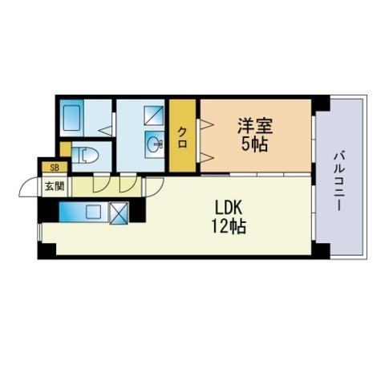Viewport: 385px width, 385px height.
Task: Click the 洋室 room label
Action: coord(255,126)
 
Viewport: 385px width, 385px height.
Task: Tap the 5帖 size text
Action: coord(254,144)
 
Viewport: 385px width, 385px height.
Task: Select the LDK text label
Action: coord(229,208)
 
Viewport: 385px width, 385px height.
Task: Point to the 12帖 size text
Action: coord(229,227)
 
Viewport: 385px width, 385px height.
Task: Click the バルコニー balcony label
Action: coord(338,181)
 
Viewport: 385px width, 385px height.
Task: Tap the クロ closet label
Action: coord(182,137)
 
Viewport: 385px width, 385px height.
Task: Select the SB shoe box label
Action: coord(55,168)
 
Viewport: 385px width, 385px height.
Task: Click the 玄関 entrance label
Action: coord(55,186)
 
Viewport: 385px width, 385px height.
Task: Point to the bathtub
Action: coord(71,118)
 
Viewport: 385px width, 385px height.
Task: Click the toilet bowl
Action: coord(86,156)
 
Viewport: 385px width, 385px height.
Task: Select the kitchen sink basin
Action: coord(93,212)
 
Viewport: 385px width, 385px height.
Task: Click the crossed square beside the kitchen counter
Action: coord(119,213)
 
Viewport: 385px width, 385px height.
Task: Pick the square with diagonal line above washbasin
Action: coord(154,115)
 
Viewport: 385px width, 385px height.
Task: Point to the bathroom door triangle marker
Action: coord(105,131)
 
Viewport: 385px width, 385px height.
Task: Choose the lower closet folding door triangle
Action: coord(207,157)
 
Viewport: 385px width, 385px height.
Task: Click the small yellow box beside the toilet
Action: coord(65,149)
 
